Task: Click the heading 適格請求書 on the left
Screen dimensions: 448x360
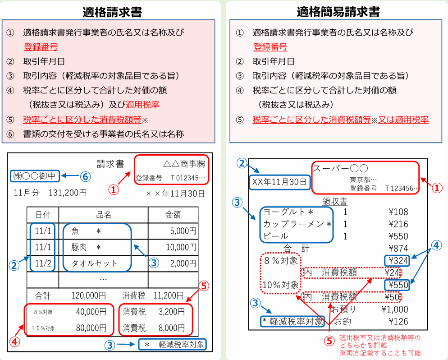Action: click(112, 12)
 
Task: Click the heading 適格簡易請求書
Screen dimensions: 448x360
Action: click(338, 12)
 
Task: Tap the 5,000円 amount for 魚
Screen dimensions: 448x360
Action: click(183, 231)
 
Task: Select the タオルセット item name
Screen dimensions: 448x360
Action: click(94, 263)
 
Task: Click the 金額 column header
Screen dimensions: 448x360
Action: click(173, 215)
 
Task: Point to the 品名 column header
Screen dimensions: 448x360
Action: click(103, 215)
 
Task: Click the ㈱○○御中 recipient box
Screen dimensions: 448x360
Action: click(35, 176)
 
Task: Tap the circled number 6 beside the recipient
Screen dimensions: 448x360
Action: click(85, 176)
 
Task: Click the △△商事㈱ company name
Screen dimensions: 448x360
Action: click(184, 164)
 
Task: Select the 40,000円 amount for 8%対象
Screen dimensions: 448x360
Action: click(91, 312)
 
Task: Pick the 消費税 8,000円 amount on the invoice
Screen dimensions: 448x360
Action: click(172, 328)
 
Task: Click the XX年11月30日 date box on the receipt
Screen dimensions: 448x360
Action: click(279, 182)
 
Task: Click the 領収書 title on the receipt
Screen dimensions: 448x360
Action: click(334, 202)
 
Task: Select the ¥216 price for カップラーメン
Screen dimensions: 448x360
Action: click(398, 224)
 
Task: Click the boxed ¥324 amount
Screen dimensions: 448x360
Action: click(398, 260)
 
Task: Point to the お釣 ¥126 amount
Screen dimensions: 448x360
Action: click(398, 321)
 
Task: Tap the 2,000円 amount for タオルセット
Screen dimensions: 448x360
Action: click(183, 263)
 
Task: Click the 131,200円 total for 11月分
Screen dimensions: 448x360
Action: click(68, 193)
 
